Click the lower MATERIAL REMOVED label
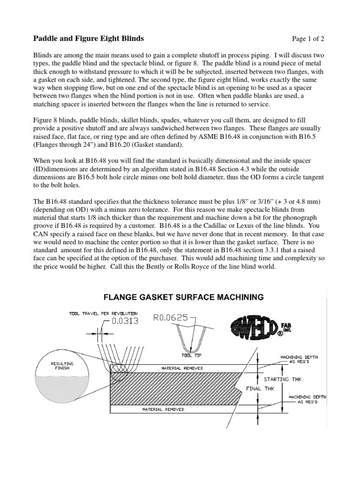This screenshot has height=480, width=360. pos(163,409)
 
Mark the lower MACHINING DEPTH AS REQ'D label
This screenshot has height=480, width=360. pos(307,399)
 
